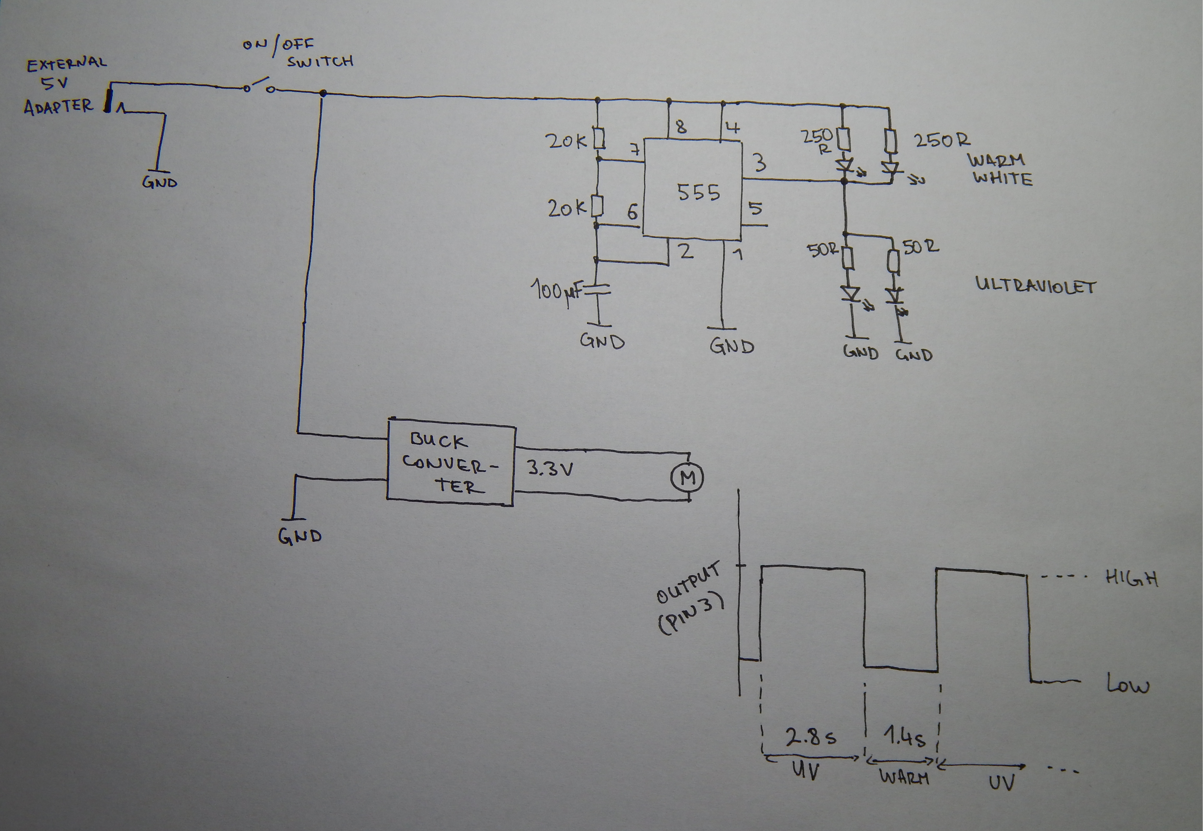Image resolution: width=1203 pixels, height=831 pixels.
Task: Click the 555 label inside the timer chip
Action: click(698, 193)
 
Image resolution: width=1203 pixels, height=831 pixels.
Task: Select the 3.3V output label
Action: click(550, 469)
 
